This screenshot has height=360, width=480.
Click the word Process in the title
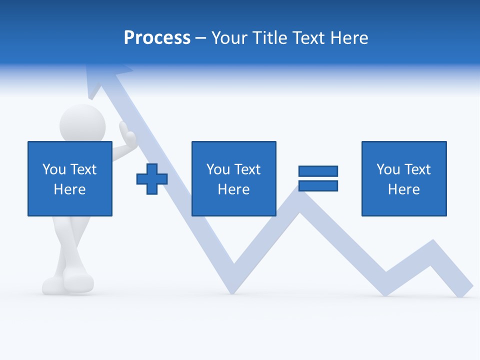157,38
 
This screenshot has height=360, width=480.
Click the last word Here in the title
350,38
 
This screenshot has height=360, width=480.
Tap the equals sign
318,178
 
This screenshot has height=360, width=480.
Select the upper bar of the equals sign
318,171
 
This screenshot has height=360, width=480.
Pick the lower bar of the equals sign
318,186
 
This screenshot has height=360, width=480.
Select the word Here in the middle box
233,189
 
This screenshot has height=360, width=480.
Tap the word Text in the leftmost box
83,169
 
